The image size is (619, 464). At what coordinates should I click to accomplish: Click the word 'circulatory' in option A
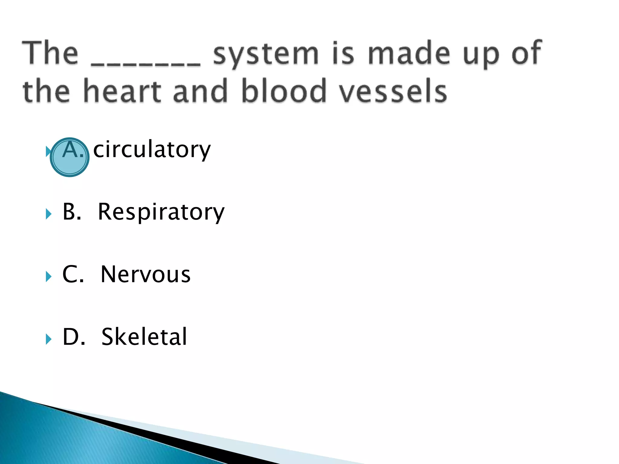[x=152, y=150]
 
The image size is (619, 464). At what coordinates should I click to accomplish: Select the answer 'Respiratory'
[x=161, y=212]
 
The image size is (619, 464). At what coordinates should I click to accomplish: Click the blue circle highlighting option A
[x=70, y=157]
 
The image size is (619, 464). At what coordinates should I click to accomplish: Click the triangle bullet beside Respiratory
[x=48, y=214]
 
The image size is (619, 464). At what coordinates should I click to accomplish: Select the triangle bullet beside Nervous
[x=48, y=276]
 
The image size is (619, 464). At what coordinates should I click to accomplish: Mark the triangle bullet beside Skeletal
[x=48, y=339]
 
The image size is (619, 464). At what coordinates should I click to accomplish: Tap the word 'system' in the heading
[x=266, y=54]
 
